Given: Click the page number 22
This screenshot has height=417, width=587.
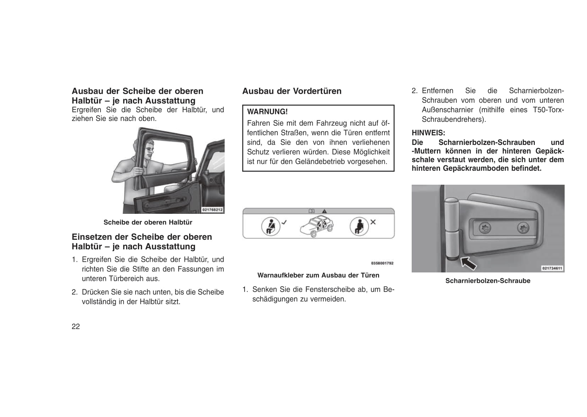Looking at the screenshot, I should coord(76,327).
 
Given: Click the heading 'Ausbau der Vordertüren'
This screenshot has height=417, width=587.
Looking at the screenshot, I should coord(292,91).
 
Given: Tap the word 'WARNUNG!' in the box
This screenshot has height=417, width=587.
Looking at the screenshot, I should coord(267,112).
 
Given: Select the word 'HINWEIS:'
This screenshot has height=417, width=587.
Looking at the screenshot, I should coord(428,133).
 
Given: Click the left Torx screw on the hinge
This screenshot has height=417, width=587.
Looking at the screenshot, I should coord(485,227).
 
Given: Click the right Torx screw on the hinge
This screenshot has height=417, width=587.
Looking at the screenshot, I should coord(523,228).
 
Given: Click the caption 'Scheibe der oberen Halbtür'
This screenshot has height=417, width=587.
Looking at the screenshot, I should coord(148,222).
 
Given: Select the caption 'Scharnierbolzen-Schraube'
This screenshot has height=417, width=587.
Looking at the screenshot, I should coord(488,281).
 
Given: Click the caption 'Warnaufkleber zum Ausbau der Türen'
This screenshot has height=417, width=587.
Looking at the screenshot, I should coord(318,275).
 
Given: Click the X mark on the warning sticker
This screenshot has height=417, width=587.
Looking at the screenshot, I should coord(373,222).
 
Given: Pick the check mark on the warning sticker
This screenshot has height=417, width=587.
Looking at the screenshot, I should coord(284,222).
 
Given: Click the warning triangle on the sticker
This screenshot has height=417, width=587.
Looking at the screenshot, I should coord(324,211).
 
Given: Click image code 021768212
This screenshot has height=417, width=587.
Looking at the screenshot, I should coord(212,210).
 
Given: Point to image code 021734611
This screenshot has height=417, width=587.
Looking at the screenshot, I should coord(552,268).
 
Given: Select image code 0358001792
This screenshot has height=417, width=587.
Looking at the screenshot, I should coord(382,263).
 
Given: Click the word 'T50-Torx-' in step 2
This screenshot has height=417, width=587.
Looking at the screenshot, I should coord(548,110).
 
